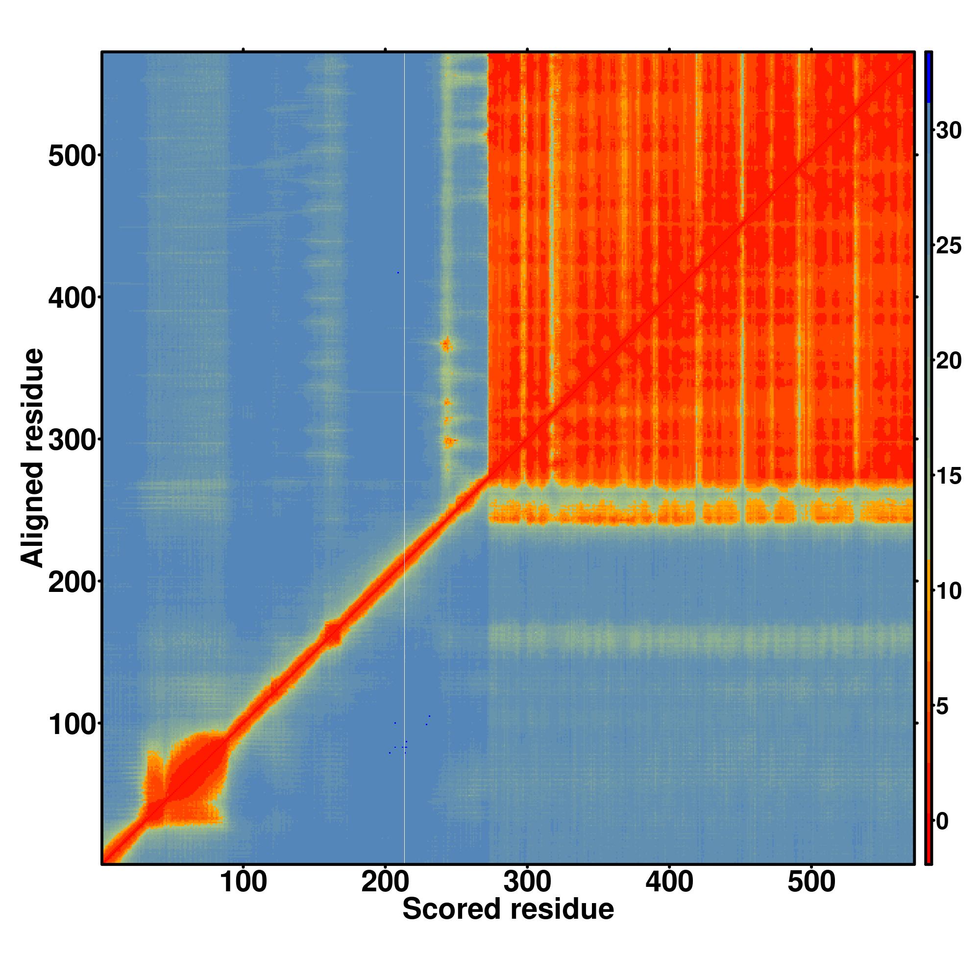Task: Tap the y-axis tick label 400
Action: pos(72,298)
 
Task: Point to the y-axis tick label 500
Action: pos(72,156)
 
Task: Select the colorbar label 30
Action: pos(949,131)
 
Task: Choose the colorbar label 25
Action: pos(949,246)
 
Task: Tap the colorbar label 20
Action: pos(949,361)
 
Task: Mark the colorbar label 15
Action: pos(949,476)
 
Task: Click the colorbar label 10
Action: pos(949,591)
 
